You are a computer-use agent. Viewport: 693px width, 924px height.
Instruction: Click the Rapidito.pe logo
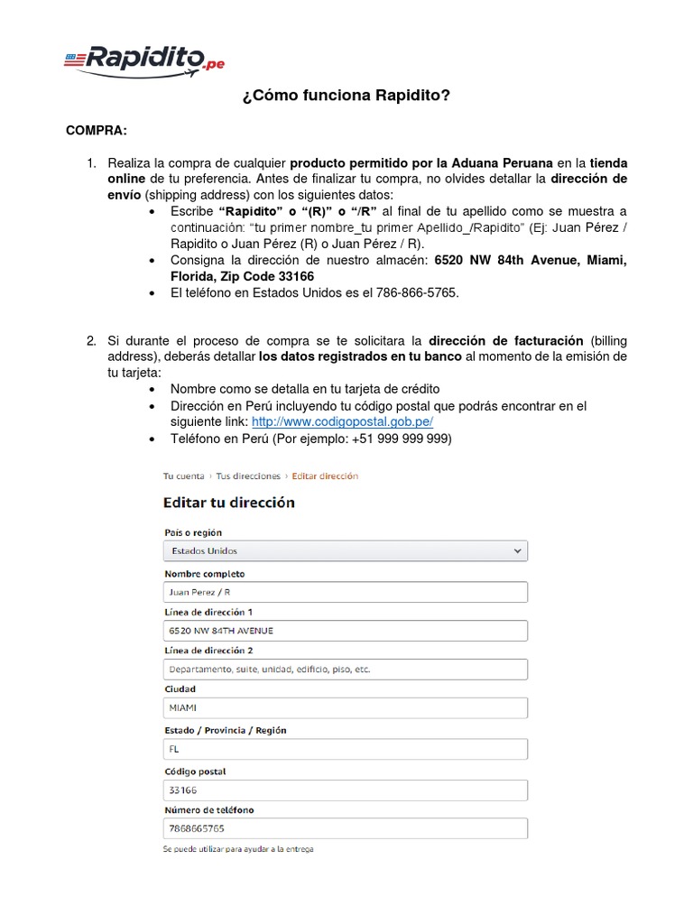(x=144, y=60)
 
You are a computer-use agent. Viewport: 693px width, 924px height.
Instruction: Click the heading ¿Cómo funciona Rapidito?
(x=346, y=96)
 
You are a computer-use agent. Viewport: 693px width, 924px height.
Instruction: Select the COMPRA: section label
(x=97, y=131)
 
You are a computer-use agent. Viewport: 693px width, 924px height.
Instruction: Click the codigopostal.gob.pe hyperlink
(x=342, y=421)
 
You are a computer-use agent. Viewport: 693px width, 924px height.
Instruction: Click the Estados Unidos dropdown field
(x=345, y=550)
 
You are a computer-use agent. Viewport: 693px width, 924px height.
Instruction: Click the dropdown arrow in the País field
(x=517, y=550)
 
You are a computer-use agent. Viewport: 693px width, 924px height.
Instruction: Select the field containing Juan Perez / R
(x=345, y=592)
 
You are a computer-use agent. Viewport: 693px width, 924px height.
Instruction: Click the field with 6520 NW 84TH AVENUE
(x=345, y=631)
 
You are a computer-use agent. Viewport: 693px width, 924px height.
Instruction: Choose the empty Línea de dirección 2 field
(x=345, y=670)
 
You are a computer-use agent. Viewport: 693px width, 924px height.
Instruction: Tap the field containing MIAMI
(x=345, y=708)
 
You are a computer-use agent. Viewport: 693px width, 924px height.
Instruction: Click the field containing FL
(x=345, y=749)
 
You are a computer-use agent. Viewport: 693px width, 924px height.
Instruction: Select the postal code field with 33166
(x=345, y=790)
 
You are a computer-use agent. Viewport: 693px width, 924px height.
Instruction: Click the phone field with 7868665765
(x=345, y=828)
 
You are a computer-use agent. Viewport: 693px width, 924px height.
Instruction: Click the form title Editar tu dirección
(x=228, y=503)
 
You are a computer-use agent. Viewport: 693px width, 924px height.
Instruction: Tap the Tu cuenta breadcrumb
(x=183, y=476)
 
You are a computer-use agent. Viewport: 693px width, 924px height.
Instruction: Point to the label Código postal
(x=195, y=772)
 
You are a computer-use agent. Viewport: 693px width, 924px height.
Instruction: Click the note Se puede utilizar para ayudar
(x=238, y=849)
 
